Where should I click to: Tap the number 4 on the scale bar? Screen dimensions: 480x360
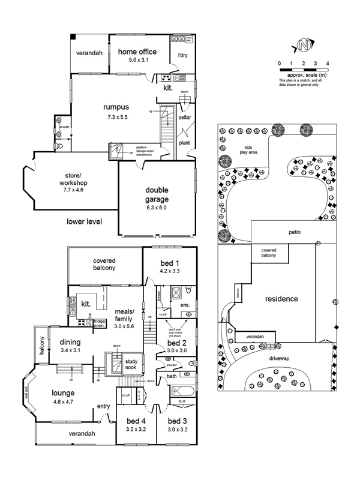pos(328,62)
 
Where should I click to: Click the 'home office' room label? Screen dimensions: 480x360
pos(137,52)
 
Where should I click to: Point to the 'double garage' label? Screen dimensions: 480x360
pos(157,194)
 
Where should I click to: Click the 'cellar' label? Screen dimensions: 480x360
pos(185,118)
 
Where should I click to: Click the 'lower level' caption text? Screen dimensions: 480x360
pos(84,221)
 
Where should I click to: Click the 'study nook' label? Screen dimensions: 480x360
pos(131,365)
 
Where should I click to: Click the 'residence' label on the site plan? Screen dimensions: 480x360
pos(281,298)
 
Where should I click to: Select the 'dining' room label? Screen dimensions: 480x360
pos(70,343)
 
